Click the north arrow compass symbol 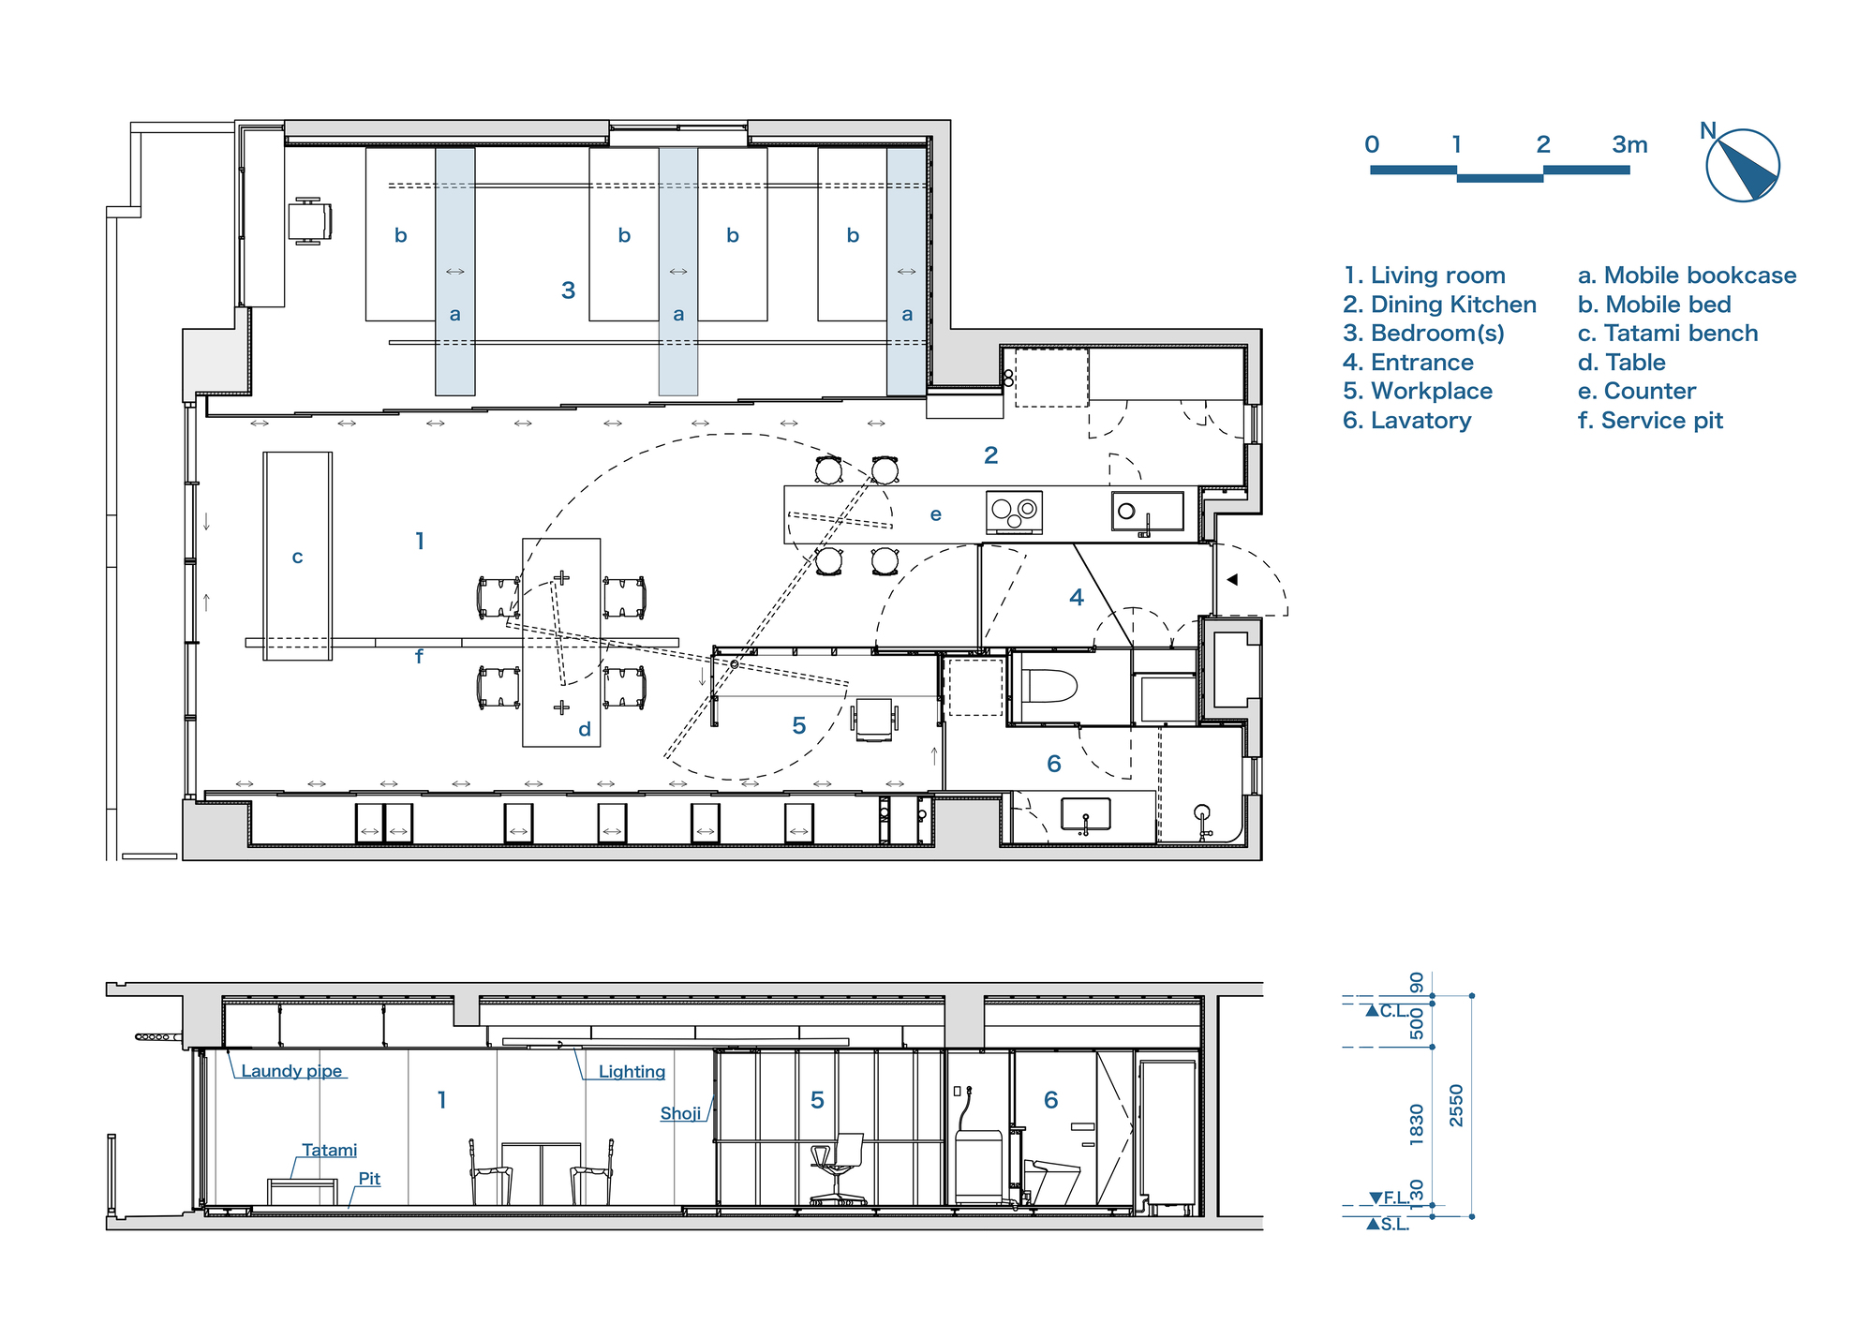[x=1742, y=166]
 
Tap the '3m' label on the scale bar [x=1629, y=145]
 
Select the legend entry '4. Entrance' [x=1407, y=363]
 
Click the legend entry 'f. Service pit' [x=1650, y=421]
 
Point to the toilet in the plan [x=1049, y=686]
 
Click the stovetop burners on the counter [x=1014, y=512]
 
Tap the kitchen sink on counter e [x=1147, y=512]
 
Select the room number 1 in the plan [x=420, y=541]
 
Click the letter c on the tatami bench [x=297, y=558]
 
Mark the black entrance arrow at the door [x=1232, y=580]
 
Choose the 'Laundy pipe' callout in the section [x=291, y=1071]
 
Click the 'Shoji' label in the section [x=680, y=1113]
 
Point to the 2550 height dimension [x=1456, y=1106]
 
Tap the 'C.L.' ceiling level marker [x=1392, y=1010]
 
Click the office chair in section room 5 [x=837, y=1168]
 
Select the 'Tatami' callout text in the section [x=329, y=1150]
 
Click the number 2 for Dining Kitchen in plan [x=990, y=455]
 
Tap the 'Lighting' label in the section [x=632, y=1071]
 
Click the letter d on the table [x=585, y=729]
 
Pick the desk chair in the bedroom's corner [x=308, y=221]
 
